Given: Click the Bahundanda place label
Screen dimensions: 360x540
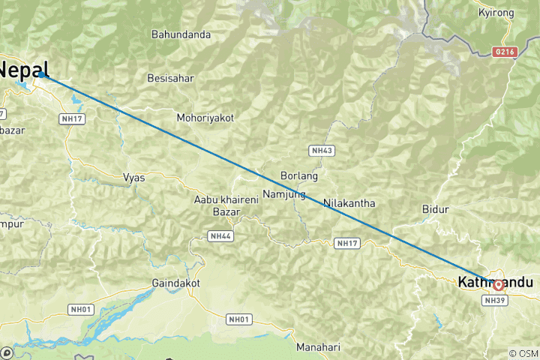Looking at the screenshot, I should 181,34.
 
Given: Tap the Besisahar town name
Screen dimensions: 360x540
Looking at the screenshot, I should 172,78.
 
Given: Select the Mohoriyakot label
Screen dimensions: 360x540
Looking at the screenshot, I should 205,118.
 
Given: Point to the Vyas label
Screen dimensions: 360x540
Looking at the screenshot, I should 133,178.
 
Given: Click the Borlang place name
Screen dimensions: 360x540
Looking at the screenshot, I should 298,175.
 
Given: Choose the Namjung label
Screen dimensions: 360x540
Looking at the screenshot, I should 284,194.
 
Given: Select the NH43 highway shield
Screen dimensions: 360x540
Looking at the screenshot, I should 322,151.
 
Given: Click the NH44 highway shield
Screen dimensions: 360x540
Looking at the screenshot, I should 219,236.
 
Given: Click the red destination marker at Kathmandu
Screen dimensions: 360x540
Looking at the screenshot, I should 499,284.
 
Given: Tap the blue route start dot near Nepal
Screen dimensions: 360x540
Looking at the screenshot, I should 41,74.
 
